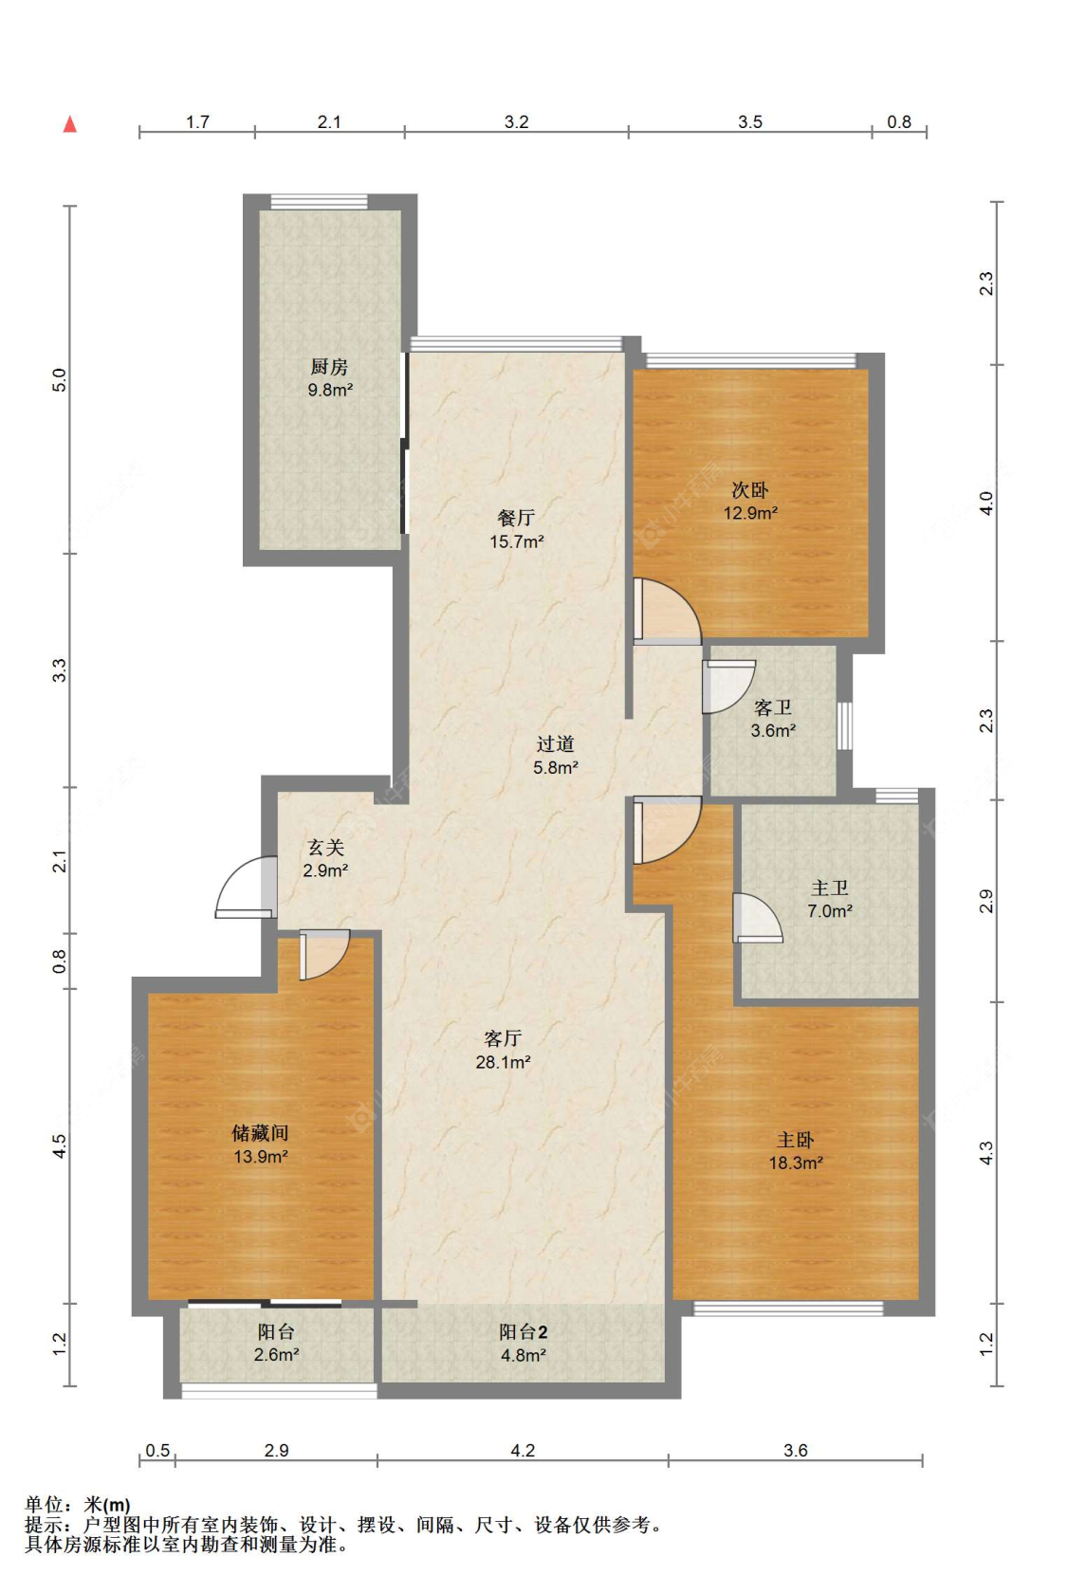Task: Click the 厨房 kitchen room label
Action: pos(328,367)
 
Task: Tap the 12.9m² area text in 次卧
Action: pos(750,513)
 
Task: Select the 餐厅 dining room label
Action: pos(516,518)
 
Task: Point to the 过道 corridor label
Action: pos(555,743)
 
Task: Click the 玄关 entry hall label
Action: pos(326,847)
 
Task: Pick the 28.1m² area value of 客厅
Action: pos(503,1062)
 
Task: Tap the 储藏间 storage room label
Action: pos(260,1133)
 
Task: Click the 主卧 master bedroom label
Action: pos(795,1140)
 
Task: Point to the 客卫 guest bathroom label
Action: pos(772,707)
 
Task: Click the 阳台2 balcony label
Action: pos(523,1332)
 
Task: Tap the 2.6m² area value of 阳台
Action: pos(276,1355)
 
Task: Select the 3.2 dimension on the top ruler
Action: pos(516,121)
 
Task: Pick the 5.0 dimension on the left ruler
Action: pos(60,379)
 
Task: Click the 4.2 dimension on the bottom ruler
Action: pos(523,1450)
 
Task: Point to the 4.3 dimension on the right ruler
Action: pos(986,1153)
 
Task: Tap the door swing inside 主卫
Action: pos(758,918)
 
